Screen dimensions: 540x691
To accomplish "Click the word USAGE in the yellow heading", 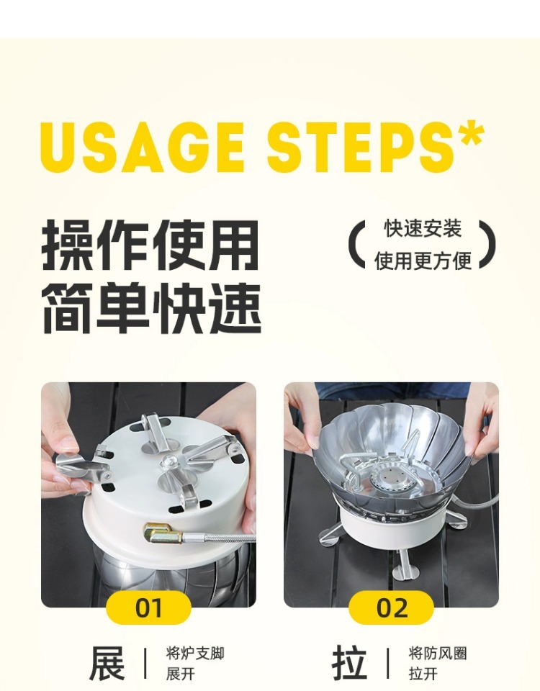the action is tap(143, 147).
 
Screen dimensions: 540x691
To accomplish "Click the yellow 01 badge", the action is tap(148, 608).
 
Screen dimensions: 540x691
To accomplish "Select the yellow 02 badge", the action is tap(392, 608).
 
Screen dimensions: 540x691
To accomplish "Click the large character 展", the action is tap(107, 663).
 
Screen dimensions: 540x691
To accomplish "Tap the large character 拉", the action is tap(350, 663).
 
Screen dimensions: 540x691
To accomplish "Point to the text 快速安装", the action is tap(423, 229).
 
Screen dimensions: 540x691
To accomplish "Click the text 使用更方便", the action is tap(423, 261).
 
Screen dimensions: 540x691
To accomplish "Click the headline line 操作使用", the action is tap(150, 245).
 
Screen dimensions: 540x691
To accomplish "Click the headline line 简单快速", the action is tap(151, 308).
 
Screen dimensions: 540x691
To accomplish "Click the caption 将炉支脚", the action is tap(195, 653).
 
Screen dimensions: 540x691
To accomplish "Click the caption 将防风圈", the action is tap(438, 653).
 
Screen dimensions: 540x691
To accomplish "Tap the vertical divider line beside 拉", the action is tap(388, 663).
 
